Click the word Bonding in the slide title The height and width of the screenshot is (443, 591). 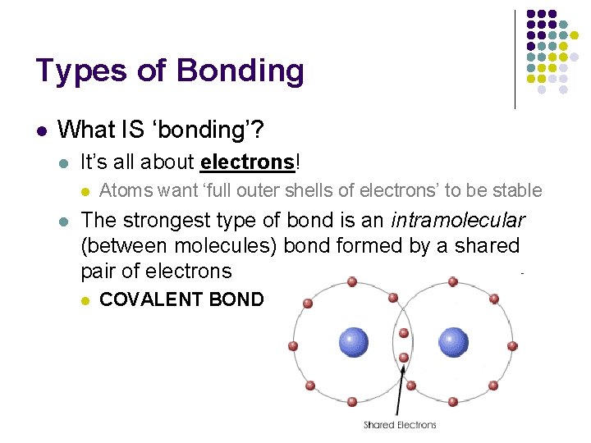coord(240,72)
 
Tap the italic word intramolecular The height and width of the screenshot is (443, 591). coord(458,220)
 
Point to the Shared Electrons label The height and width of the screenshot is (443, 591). coord(400,425)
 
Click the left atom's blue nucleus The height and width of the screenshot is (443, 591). coord(354,341)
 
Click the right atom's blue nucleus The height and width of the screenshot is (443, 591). coord(453,341)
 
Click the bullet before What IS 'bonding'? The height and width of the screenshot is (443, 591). coord(41,130)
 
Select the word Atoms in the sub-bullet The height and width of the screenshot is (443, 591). coord(122,191)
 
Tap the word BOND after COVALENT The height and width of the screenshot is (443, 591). coord(236,299)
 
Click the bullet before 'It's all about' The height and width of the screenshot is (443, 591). coord(64,162)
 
